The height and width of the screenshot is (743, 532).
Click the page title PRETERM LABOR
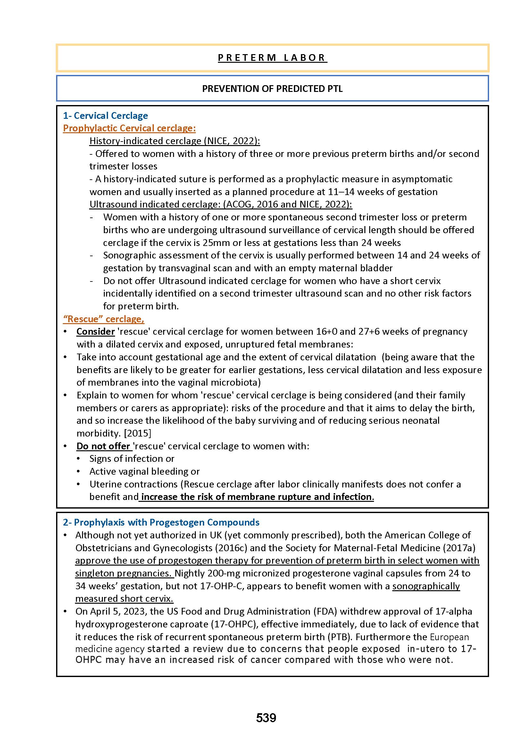pos(272,58)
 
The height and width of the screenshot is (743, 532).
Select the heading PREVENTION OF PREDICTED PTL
pos(272,89)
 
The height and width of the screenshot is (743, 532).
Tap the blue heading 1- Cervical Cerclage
pos(105,116)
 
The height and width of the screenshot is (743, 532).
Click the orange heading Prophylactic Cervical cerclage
pos(129,128)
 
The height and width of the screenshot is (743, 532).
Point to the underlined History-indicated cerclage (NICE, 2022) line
pos(175,141)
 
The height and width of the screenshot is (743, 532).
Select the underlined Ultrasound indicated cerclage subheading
pos(220,204)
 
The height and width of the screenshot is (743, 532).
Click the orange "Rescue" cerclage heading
pos(104,319)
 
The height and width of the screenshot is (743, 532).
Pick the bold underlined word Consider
pos(95,331)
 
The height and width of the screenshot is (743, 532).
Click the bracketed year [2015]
pos(137,433)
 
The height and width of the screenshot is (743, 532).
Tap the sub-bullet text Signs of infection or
pos(132,459)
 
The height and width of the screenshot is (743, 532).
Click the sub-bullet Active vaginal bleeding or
pos(145,471)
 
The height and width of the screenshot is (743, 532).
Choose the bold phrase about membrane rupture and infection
pos(257,497)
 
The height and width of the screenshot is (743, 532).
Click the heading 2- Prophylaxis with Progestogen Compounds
pos(161,522)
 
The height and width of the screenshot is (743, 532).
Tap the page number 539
pos(266,718)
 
